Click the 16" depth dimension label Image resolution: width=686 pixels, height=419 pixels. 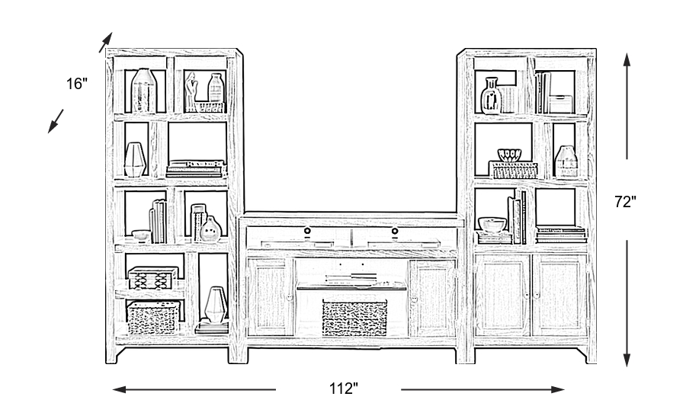click(x=77, y=84)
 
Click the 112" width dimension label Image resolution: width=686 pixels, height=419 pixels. click(x=344, y=389)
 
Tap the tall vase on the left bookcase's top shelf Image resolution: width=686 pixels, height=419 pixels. click(x=143, y=91)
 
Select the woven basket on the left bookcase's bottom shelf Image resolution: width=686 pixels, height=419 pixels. click(x=153, y=318)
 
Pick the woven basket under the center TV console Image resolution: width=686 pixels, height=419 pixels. click(x=354, y=318)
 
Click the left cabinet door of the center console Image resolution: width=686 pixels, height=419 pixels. click(x=271, y=298)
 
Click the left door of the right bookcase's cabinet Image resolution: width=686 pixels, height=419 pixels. click(x=502, y=295)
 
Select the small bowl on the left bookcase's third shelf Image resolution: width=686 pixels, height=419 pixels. click(x=140, y=235)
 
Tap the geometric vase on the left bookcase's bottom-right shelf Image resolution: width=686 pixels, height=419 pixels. click(x=216, y=305)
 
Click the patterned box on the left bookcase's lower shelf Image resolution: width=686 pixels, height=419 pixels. click(x=153, y=277)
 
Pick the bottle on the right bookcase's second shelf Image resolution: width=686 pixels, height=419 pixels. click(x=565, y=161)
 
